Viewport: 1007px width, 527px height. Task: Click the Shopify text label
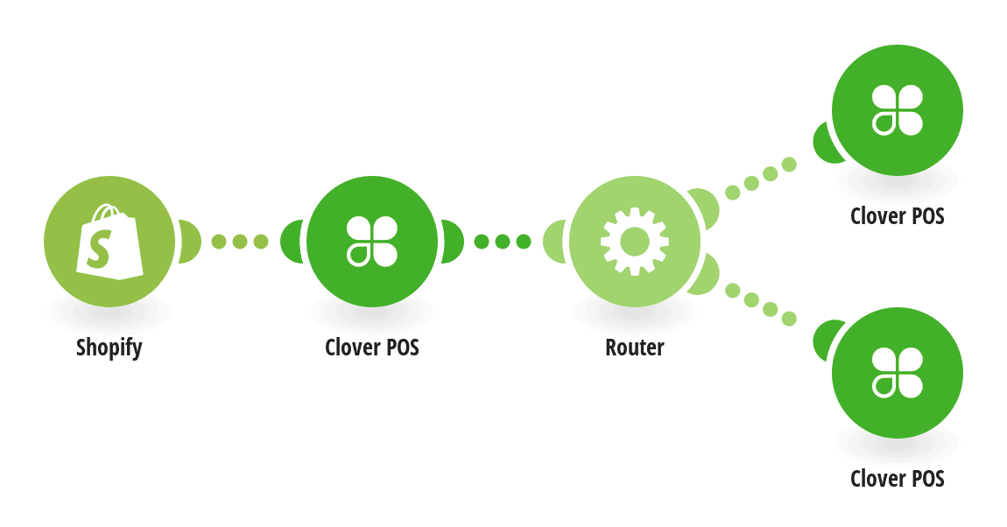pos(109,348)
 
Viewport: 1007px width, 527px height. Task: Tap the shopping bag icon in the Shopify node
pos(109,242)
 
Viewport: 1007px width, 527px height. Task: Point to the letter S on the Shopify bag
pos(100,249)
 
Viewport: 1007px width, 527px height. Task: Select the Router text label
pos(635,348)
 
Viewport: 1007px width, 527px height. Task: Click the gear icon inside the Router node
pos(635,242)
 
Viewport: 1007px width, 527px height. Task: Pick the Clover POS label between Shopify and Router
pos(372,348)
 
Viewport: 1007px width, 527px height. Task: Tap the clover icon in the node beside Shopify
pos(372,242)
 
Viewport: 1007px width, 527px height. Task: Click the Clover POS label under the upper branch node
pos(898,215)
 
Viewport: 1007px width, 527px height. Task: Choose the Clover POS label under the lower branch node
pos(898,478)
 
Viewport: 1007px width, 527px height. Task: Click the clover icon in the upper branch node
pos(898,109)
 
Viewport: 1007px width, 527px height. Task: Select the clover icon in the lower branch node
pos(898,372)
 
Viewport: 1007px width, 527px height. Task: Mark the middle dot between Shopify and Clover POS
pos(240,242)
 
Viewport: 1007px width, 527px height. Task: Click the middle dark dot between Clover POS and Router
pos(503,242)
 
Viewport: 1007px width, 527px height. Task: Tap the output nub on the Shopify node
pos(189,242)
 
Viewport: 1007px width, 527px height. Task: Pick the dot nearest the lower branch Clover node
pos(789,318)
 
